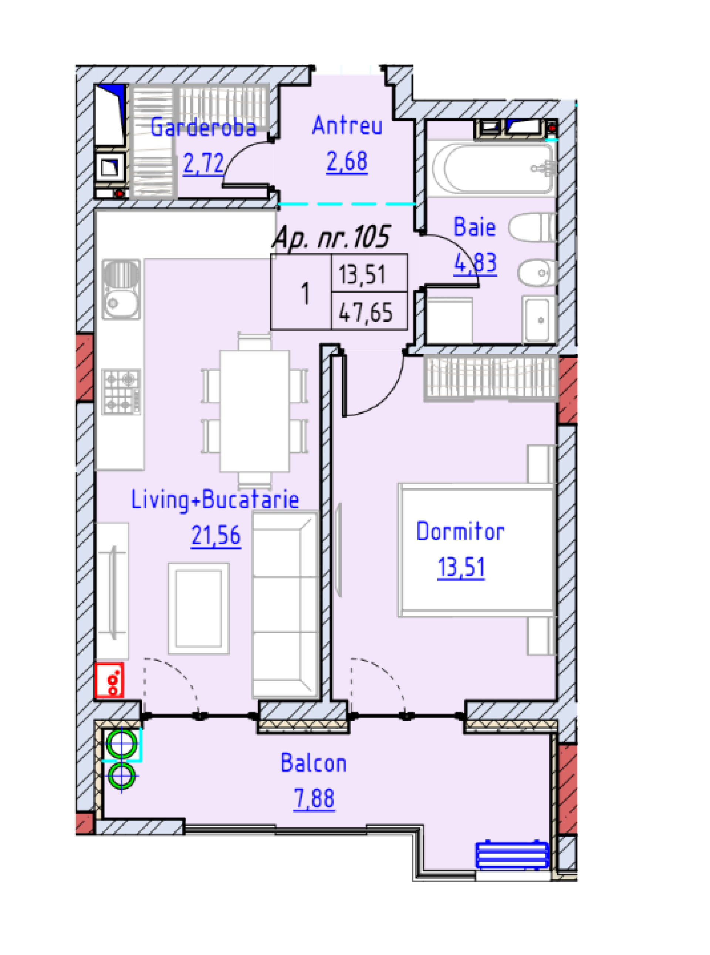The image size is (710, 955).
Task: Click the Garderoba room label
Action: pyautogui.click(x=203, y=128)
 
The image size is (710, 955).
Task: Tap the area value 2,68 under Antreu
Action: pyautogui.click(x=346, y=162)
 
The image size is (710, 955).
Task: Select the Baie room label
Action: pyautogui.click(x=474, y=227)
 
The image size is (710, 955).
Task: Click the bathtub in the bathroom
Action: pyautogui.click(x=493, y=169)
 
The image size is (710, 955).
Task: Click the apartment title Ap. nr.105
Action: pyautogui.click(x=331, y=237)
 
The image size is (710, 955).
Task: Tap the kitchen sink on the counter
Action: pyautogui.click(x=121, y=289)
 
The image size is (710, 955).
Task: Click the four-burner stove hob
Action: pyautogui.click(x=121, y=392)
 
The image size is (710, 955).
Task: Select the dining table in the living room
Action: pyautogui.click(x=254, y=411)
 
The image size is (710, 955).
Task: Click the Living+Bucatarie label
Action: pyautogui.click(x=214, y=500)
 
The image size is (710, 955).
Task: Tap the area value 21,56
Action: pyautogui.click(x=216, y=536)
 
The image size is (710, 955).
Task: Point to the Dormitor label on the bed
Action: pyautogui.click(x=460, y=532)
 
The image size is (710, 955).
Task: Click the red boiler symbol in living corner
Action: pyautogui.click(x=109, y=680)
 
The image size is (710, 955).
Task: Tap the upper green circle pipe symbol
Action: pyautogui.click(x=122, y=744)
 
